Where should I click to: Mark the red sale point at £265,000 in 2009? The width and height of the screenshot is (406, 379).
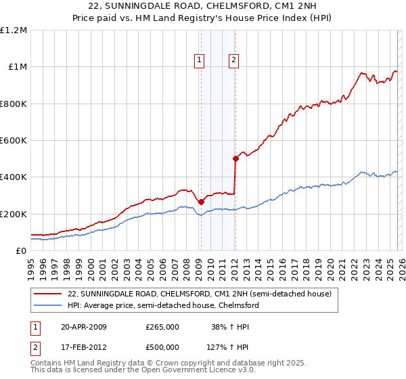tap(201, 202)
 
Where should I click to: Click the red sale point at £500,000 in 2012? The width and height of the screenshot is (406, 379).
tap(235, 159)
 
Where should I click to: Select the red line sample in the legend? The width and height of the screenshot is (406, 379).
tap(47, 294)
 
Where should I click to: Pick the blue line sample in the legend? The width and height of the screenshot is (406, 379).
tap(47, 306)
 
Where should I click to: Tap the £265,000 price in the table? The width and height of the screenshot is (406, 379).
tap(162, 327)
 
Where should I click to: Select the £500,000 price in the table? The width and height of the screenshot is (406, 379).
tap(162, 347)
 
